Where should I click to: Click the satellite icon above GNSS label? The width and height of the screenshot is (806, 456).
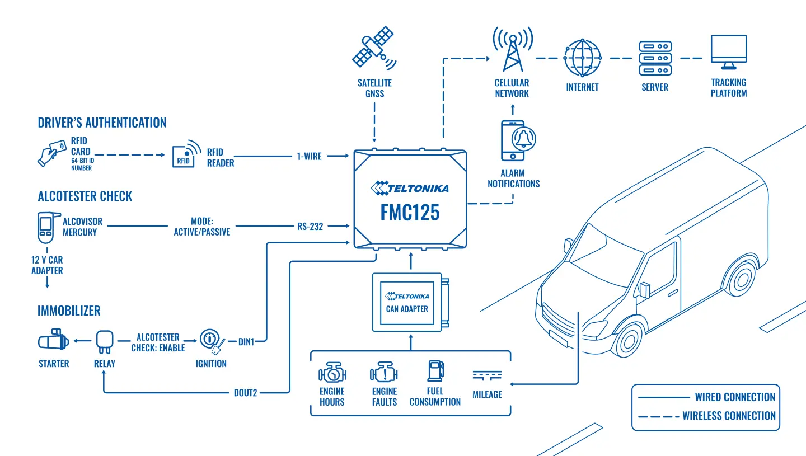(374, 48)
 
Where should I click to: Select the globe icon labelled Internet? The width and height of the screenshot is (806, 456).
(582, 58)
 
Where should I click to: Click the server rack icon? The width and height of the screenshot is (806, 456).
(655, 58)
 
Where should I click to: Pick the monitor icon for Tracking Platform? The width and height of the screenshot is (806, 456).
(729, 52)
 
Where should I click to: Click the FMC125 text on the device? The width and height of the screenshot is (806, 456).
(410, 212)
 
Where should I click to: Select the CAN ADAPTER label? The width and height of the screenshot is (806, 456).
(407, 309)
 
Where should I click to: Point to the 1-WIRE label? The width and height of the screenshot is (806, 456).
(309, 156)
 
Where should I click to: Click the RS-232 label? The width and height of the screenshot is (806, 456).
(310, 226)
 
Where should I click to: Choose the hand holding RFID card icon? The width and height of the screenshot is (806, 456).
(52, 153)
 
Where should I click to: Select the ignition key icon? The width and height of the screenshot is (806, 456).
(212, 341)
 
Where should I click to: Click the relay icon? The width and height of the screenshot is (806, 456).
(105, 342)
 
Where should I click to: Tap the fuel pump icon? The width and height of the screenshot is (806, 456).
(435, 371)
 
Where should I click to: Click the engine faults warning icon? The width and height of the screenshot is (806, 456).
(384, 372)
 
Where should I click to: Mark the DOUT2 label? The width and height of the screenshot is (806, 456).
(245, 393)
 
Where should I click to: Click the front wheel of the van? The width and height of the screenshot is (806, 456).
(629, 340)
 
